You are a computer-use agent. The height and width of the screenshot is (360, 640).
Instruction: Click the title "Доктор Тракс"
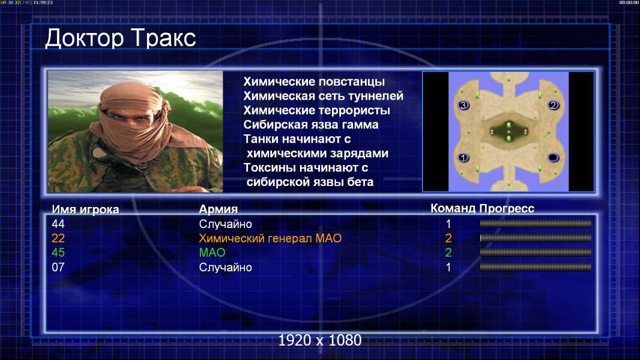(x=121, y=39)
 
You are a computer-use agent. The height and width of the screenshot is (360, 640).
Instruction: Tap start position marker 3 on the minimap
(x=463, y=105)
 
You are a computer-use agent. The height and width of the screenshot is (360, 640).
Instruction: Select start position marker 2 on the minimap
(x=553, y=105)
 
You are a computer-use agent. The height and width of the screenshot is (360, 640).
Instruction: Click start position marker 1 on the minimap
(x=463, y=157)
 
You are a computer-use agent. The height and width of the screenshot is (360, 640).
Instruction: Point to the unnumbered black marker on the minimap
(x=553, y=157)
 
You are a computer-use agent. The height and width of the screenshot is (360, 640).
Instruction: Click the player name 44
(x=58, y=224)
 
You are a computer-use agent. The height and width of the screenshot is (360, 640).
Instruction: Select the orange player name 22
(x=58, y=238)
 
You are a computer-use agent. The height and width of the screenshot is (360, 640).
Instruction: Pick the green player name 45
(x=58, y=253)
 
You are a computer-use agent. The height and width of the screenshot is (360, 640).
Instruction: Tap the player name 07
(x=58, y=268)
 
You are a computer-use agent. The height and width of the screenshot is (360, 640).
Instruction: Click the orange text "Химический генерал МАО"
(x=270, y=238)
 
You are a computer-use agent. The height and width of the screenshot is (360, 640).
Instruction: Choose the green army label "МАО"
(x=213, y=253)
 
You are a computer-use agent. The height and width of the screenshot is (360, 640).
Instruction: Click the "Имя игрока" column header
(x=85, y=209)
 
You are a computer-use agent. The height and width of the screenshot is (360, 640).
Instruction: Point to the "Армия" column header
(x=219, y=209)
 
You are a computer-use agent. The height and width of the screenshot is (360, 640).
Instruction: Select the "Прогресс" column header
(x=507, y=209)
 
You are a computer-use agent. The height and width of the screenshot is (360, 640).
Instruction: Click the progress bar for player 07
(x=536, y=267)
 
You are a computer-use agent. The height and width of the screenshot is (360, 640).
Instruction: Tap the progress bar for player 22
(x=536, y=238)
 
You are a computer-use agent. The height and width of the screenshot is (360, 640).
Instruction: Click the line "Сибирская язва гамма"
(x=311, y=125)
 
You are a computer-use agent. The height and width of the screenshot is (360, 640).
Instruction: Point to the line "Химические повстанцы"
(x=314, y=82)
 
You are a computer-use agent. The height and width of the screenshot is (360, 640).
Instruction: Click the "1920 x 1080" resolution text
(x=320, y=340)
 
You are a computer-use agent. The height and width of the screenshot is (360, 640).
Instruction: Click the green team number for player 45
(x=448, y=253)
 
